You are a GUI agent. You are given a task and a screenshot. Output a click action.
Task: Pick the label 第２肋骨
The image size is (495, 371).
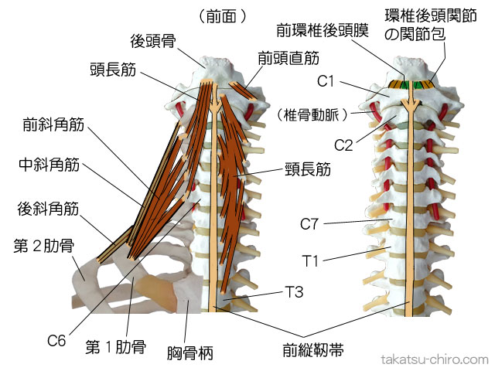pos(43,247)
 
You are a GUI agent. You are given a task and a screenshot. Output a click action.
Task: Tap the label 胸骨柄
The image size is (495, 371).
pos(190,354)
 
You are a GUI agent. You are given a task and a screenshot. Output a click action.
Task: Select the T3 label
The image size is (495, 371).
pos(295,292)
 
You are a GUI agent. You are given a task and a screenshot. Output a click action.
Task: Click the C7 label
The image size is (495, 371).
pos(310,225)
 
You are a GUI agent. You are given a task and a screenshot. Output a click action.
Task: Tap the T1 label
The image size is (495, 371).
pos(312,261)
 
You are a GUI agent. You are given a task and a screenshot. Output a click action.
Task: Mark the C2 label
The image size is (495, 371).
pos(343,144)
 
